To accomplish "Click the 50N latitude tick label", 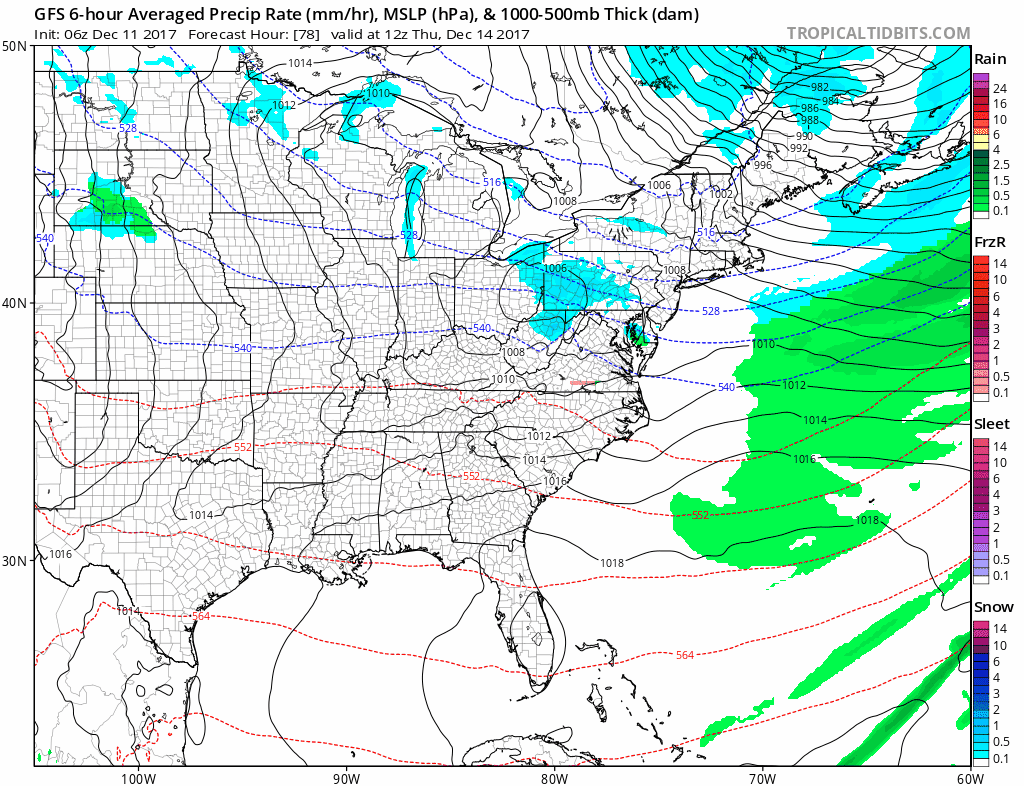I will coord(14,47).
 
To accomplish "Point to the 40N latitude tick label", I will coord(14,303).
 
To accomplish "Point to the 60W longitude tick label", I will coord(966,777).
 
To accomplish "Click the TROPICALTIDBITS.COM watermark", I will coord(878,33).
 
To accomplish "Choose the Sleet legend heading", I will coord(991,424).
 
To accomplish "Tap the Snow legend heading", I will coord(993,607).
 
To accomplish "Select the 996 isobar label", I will coord(763,165).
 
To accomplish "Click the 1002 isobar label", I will coord(721,193).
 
